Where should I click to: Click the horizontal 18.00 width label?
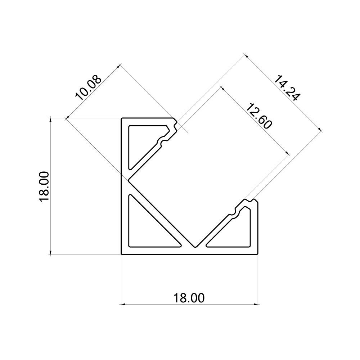(189, 298)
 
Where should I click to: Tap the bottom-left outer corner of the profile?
(121, 255)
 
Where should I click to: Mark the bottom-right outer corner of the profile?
(258, 255)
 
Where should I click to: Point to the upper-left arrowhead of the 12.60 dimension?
(222, 87)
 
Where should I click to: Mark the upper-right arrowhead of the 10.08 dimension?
(119, 66)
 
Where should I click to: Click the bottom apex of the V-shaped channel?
(195, 247)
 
